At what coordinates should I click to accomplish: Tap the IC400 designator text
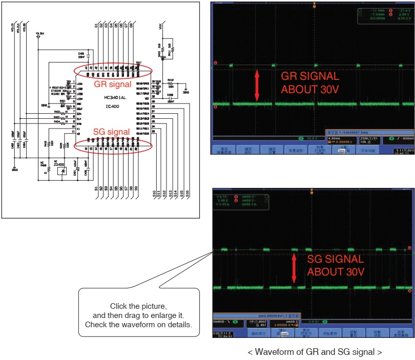point(113,106)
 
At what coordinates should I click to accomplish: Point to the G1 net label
point(96,25)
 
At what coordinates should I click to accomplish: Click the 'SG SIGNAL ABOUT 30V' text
point(336,265)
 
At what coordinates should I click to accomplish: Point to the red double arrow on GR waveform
point(258,85)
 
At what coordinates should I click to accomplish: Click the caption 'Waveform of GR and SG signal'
point(315,352)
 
